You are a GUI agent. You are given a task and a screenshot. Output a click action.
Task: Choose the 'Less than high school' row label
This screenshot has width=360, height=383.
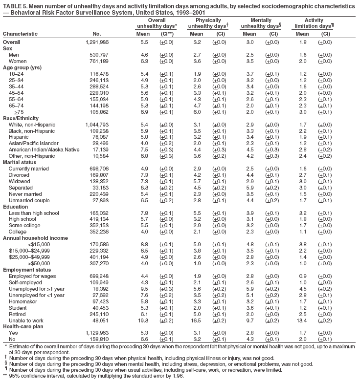34,213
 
